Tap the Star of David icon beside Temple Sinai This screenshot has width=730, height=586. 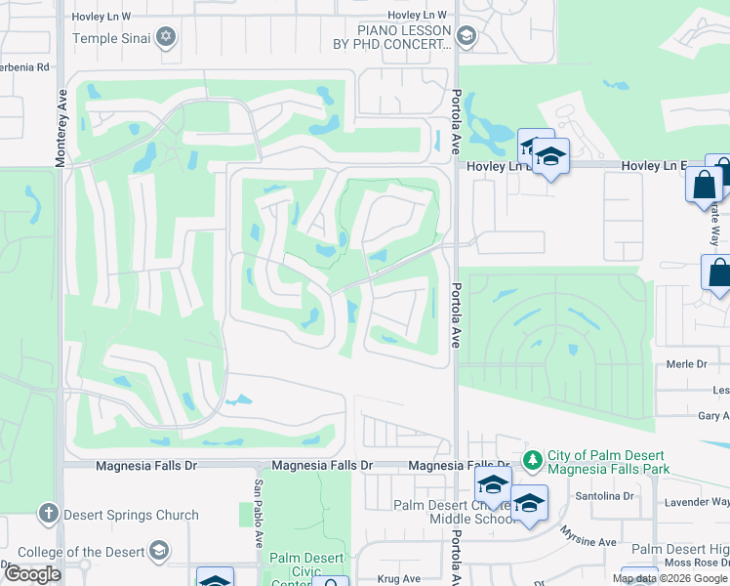166,38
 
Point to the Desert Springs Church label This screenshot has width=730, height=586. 131,515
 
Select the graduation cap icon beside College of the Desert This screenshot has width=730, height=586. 157,552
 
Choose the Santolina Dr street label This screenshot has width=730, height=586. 604,496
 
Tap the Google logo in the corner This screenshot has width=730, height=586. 32,574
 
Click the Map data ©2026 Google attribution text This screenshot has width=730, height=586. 669,578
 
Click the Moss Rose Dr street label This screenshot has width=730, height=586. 694,564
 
